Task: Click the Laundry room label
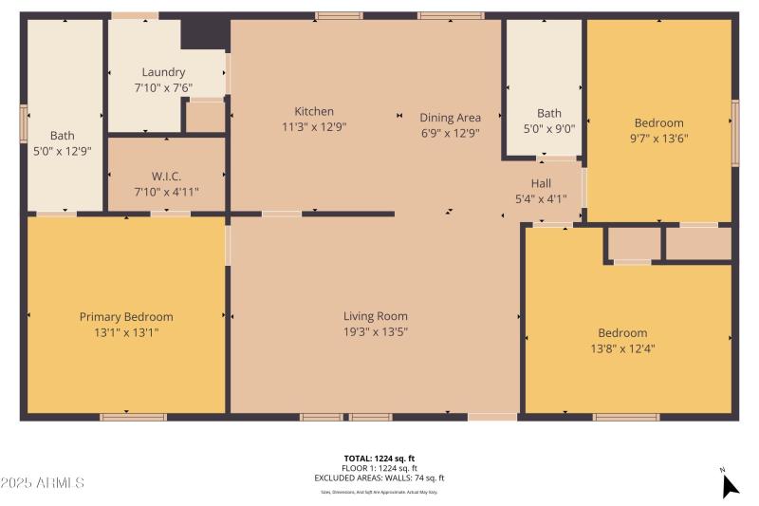tap(163, 72)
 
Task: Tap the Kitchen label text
tap(314, 111)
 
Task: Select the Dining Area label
tap(450, 118)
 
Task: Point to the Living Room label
tap(375, 316)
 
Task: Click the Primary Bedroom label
tap(126, 317)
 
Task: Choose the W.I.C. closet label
tap(166, 176)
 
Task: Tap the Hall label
tap(541, 183)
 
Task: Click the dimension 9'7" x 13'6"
tap(658, 138)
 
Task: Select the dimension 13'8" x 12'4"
tap(622, 348)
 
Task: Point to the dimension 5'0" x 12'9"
tap(62, 150)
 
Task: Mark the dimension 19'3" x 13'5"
tap(375, 331)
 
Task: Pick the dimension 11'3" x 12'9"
tap(314, 126)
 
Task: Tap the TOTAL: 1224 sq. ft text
tap(379, 459)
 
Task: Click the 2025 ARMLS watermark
tap(43, 483)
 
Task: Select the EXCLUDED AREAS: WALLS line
tap(379, 478)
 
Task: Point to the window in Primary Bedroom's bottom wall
tap(133, 416)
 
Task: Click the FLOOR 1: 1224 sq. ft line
tap(379, 469)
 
